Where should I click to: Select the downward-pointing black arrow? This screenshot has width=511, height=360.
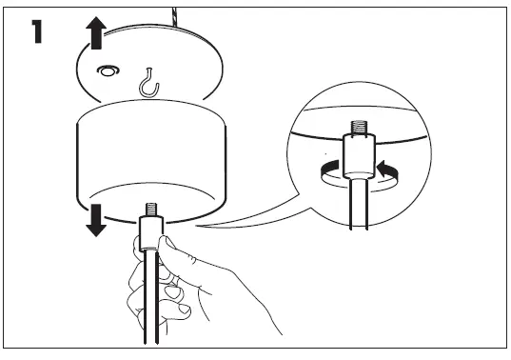click(x=96, y=217)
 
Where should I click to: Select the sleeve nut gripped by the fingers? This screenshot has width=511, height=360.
click(x=148, y=233)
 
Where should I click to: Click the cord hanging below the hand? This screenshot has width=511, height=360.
click(x=148, y=329)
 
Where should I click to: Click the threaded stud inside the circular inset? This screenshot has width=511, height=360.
click(x=359, y=127)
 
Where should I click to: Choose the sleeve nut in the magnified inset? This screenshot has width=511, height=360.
click(x=359, y=153)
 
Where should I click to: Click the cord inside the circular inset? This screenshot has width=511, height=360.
click(x=359, y=206)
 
